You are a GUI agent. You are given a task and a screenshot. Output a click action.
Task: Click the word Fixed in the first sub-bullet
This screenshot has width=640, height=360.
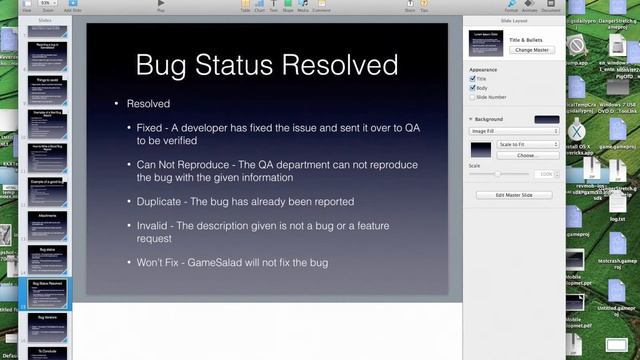(152, 128)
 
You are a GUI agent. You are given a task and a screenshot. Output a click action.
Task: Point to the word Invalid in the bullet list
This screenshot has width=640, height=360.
(154, 225)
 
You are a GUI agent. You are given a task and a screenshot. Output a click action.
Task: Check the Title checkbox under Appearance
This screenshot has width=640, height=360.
(473, 78)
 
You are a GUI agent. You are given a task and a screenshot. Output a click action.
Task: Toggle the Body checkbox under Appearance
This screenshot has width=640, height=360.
(473, 88)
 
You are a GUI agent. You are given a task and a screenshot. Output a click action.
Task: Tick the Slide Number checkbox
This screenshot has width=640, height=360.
(473, 97)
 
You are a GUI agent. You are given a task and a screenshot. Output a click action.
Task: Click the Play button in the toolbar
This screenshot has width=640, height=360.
(162, 5)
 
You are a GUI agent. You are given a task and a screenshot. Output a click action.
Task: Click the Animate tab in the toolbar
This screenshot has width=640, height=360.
(529, 5)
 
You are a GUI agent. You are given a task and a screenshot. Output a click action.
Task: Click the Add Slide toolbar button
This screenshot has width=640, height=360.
(72, 5)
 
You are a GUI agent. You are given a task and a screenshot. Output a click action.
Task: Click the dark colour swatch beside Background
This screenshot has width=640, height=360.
(546, 119)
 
